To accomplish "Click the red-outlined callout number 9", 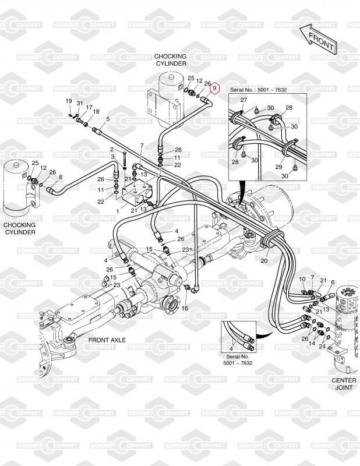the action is pyautogui.click(x=214, y=89).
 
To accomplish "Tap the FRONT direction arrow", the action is pyautogui.click(x=319, y=39).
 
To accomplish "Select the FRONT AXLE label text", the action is pyautogui.click(x=107, y=340).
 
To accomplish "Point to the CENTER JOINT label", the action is pyautogui.click(x=344, y=384).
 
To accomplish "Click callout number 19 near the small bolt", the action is pyautogui.click(x=69, y=101).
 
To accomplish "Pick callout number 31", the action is pyautogui.click(x=80, y=104).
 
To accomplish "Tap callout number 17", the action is pyautogui.click(x=89, y=108).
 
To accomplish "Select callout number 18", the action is pyautogui.click(x=96, y=112).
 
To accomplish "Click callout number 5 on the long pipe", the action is pyautogui.click(x=108, y=119).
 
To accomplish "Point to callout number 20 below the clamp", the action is pyautogui.click(x=264, y=260).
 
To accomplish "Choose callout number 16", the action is pyautogui.click(x=185, y=308).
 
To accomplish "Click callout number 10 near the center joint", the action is pyautogui.click(x=302, y=279).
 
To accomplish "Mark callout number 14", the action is pyautogui.click(x=312, y=343).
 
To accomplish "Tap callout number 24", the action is pyautogui.click(x=323, y=346).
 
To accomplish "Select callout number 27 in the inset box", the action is pyautogui.click(x=243, y=100).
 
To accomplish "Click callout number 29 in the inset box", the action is pyautogui.click(x=278, y=167).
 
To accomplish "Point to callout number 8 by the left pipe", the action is pyautogui.click(x=61, y=177).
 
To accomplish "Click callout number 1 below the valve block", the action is pyautogui.click(x=118, y=211).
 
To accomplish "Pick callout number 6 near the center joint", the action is pyautogui.click(x=333, y=283).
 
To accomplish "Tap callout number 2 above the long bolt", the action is pyautogui.click(x=112, y=149).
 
